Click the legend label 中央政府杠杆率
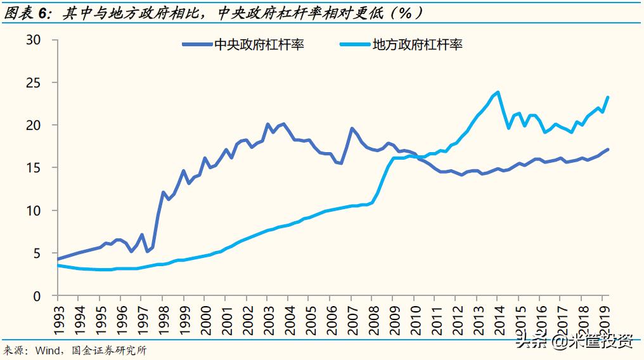click(x=259, y=44)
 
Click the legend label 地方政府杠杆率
click(x=417, y=44)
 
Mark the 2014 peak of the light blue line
click(x=498, y=92)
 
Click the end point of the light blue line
click(x=609, y=97)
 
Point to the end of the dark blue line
click(x=609, y=150)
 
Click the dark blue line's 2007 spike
click(x=352, y=128)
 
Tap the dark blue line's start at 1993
click(x=58, y=259)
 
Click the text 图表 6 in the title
click(x=27, y=13)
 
